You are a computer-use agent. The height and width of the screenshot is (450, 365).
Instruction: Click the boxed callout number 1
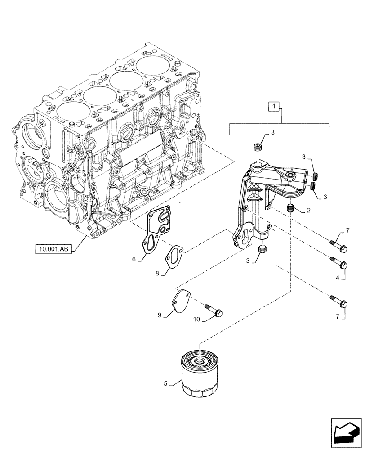(274, 107)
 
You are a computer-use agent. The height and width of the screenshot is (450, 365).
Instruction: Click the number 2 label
(309, 210)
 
